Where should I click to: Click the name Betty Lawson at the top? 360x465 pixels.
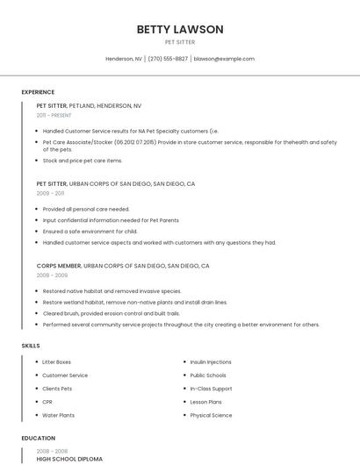(x=180, y=29)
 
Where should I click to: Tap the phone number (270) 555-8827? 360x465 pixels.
(x=168, y=59)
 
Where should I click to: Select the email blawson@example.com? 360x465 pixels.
(x=224, y=59)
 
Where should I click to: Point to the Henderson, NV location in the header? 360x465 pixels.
(x=124, y=59)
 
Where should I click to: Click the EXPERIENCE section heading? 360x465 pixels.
(x=38, y=92)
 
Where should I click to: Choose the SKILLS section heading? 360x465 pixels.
(x=31, y=346)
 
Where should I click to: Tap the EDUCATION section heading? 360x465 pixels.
(x=38, y=438)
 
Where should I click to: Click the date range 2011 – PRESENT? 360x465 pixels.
(x=54, y=115)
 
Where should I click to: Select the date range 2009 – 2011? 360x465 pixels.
(x=51, y=193)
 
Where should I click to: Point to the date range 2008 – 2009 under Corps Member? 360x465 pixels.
(x=52, y=275)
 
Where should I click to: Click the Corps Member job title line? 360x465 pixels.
(x=123, y=265)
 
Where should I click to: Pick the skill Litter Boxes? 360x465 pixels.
(x=57, y=361)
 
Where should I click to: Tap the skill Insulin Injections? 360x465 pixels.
(x=211, y=361)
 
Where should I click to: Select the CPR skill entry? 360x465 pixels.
(x=47, y=402)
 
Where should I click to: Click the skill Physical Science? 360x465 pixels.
(x=211, y=415)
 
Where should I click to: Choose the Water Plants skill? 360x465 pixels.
(x=59, y=415)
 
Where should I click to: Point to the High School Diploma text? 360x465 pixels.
(x=69, y=459)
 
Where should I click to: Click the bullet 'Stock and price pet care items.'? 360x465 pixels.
(x=83, y=161)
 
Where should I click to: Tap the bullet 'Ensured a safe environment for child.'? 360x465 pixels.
(x=90, y=232)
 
